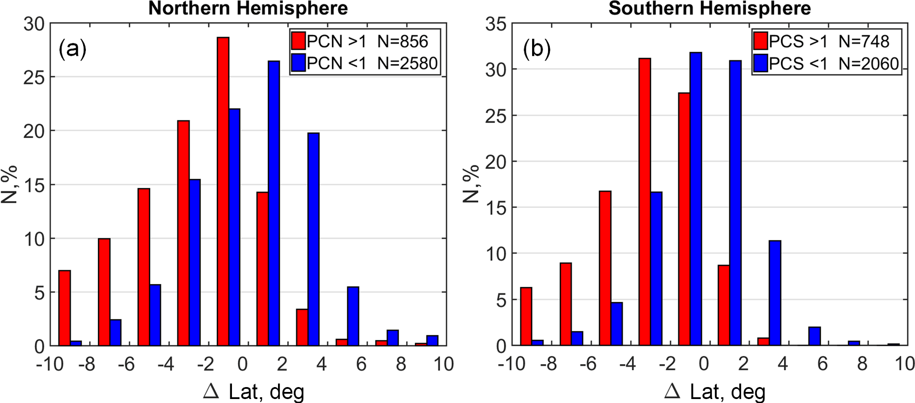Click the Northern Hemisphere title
(248, 8)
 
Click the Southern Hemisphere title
(710, 8)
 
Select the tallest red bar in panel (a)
(223, 191)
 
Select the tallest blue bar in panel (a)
(274, 203)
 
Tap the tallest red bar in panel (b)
(645, 201)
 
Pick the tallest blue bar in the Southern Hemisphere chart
(696, 199)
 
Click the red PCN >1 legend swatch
(299, 41)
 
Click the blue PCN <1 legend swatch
(299, 63)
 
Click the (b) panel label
(537, 50)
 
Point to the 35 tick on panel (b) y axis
(496, 24)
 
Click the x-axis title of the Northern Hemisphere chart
(254, 391)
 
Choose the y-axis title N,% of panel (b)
(472, 184)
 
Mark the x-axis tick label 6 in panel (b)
(822, 364)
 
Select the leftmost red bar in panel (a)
(65, 308)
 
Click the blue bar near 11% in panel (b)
(775, 293)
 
